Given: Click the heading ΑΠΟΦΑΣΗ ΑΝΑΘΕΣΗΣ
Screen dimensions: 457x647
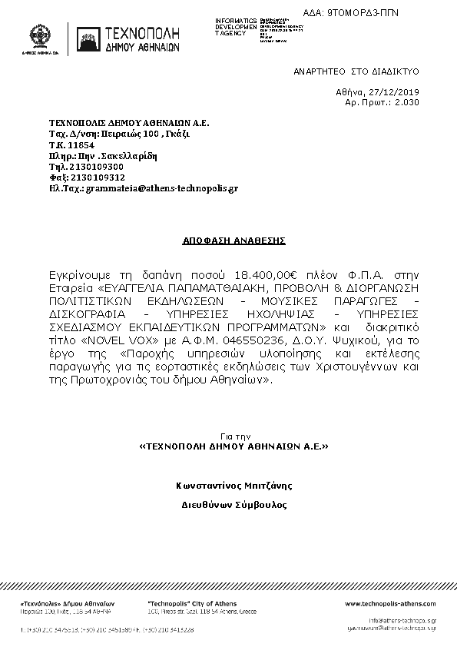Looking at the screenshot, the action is [x=233, y=241].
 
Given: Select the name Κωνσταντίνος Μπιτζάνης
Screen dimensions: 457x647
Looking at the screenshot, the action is [x=233, y=486].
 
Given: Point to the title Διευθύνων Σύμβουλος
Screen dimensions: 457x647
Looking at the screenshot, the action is [x=233, y=506].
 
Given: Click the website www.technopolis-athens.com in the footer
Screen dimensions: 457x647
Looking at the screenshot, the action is [x=390, y=604].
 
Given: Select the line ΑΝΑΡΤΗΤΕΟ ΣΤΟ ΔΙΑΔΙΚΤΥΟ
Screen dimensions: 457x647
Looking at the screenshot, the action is [x=356, y=71].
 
